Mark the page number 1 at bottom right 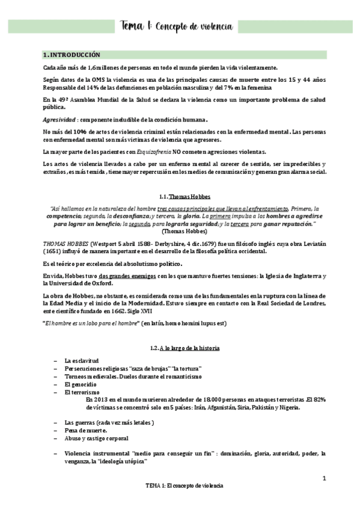click(x=324, y=479)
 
